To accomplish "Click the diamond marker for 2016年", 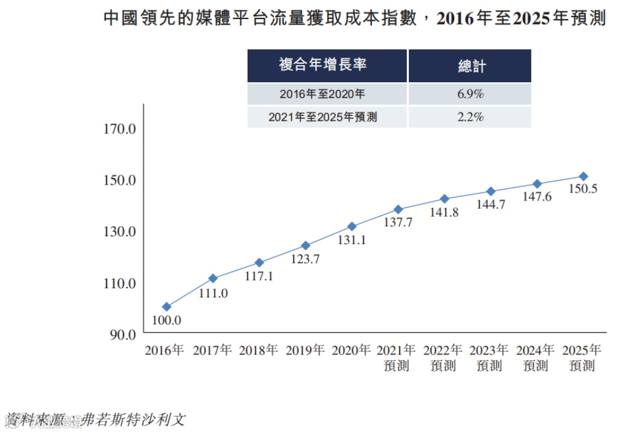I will click(167, 307).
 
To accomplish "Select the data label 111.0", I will click(213, 293).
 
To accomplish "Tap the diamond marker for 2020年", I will click(352, 226).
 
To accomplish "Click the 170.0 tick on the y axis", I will click(120, 129).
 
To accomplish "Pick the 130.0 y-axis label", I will click(120, 232).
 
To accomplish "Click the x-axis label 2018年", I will click(258, 350).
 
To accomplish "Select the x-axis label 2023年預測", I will click(489, 358).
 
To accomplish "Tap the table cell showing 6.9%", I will click(470, 94).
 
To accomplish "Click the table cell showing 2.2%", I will click(470, 117).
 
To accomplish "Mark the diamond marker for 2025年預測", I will click(583, 176).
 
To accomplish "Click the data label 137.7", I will click(398, 223).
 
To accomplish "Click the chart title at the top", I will click(355, 18).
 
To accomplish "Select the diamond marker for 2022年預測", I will click(444, 199).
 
